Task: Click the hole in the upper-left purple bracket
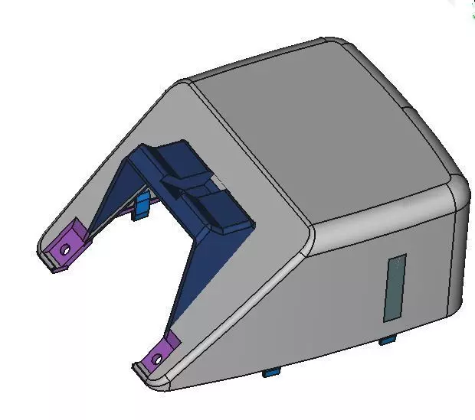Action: click(67, 249)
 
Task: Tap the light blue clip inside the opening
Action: click(142, 205)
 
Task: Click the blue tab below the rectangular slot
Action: click(388, 338)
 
